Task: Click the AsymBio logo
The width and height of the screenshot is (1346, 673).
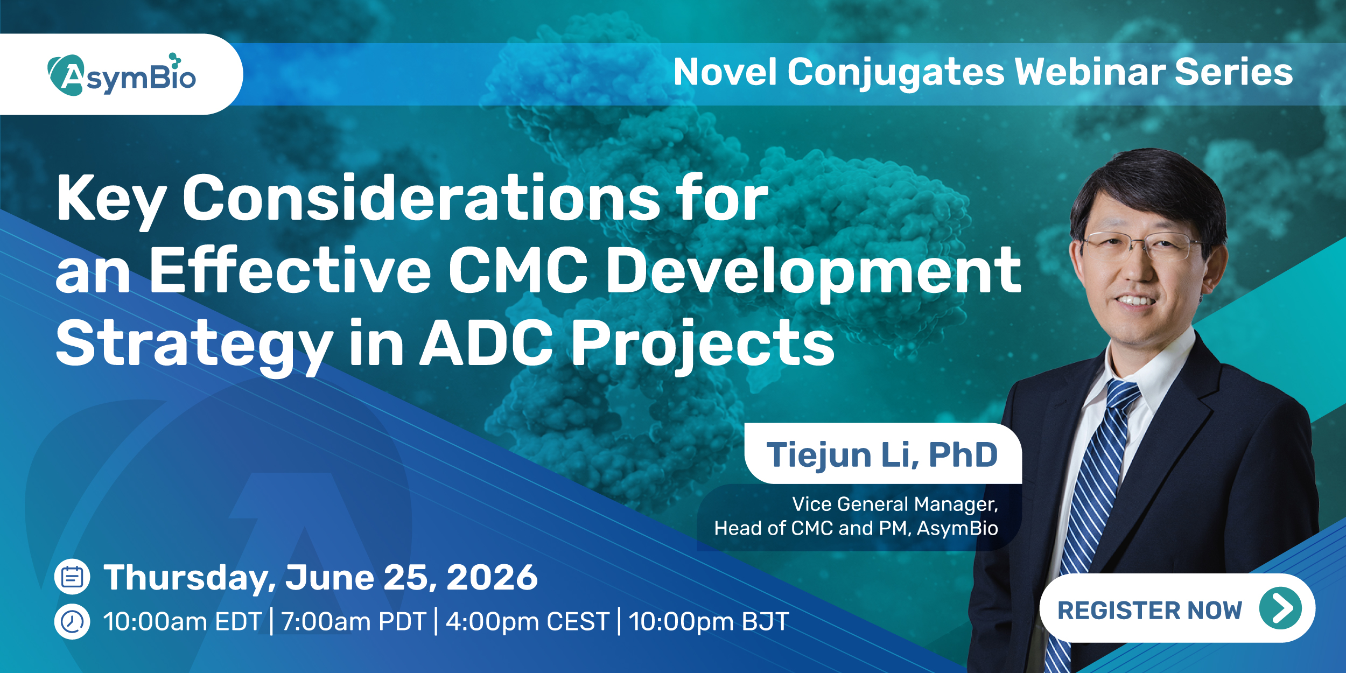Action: pyautogui.click(x=122, y=75)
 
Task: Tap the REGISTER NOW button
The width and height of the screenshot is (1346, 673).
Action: pyautogui.click(x=1177, y=608)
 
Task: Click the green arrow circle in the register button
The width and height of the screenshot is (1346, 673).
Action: pyautogui.click(x=1280, y=608)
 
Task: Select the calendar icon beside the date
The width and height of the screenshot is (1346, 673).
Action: pyautogui.click(x=72, y=577)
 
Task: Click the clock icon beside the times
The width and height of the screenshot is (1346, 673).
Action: pyautogui.click(x=72, y=622)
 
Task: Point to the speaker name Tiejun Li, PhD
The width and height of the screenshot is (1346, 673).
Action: pyautogui.click(x=882, y=455)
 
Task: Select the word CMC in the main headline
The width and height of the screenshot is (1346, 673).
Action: pyautogui.click(x=518, y=270)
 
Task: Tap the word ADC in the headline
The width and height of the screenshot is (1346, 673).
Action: pyautogui.click(x=486, y=342)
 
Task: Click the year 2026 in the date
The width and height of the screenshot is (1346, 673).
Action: pyautogui.click(x=492, y=578)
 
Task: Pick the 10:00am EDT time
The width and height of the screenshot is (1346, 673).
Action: pyautogui.click(x=183, y=622)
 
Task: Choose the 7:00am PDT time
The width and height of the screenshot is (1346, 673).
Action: pyautogui.click(x=354, y=622)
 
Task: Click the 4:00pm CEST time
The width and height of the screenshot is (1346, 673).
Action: pyautogui.click(x=528, y=622)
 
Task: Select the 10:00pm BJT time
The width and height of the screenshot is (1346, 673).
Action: pyautogui.click(x=709, y=622)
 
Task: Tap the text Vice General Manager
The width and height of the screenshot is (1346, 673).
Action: pyautogui.click(x=895, y=504)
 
